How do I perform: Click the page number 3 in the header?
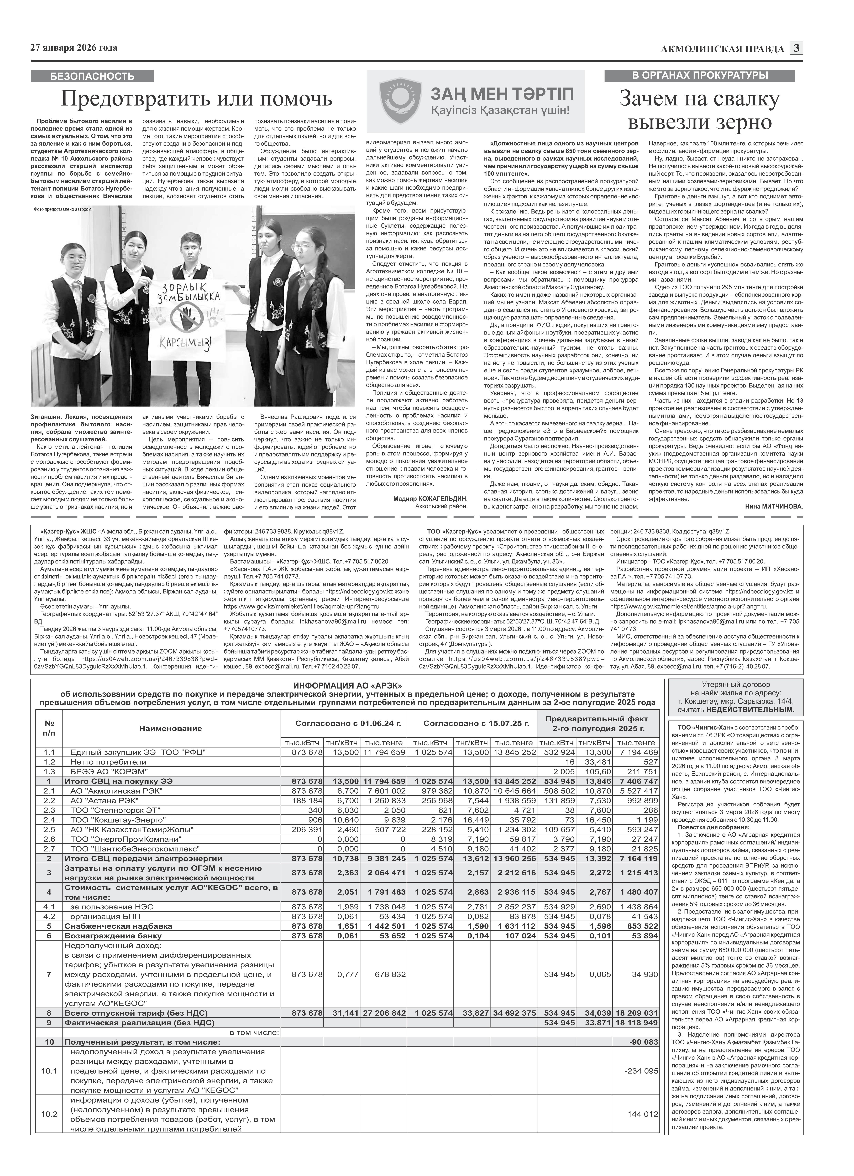tap(797, 48)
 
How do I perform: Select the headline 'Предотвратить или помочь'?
tap(196, 99)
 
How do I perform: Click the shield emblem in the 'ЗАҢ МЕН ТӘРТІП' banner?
tap(400, 101)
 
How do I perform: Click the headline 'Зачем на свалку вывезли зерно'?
tap(700, 110)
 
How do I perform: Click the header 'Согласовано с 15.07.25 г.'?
tap(476, 722)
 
